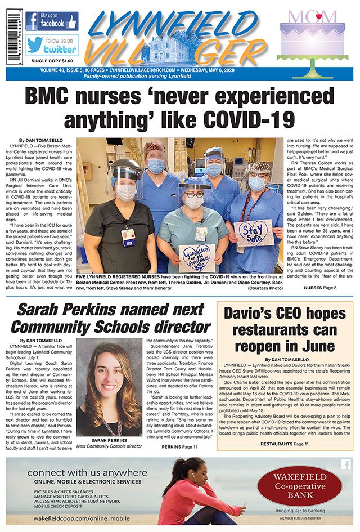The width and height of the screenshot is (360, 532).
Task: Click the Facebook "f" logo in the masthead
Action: [31, 21]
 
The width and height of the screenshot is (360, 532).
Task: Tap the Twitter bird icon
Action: [33, 44]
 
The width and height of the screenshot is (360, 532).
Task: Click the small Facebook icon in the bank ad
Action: [346, 464]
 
